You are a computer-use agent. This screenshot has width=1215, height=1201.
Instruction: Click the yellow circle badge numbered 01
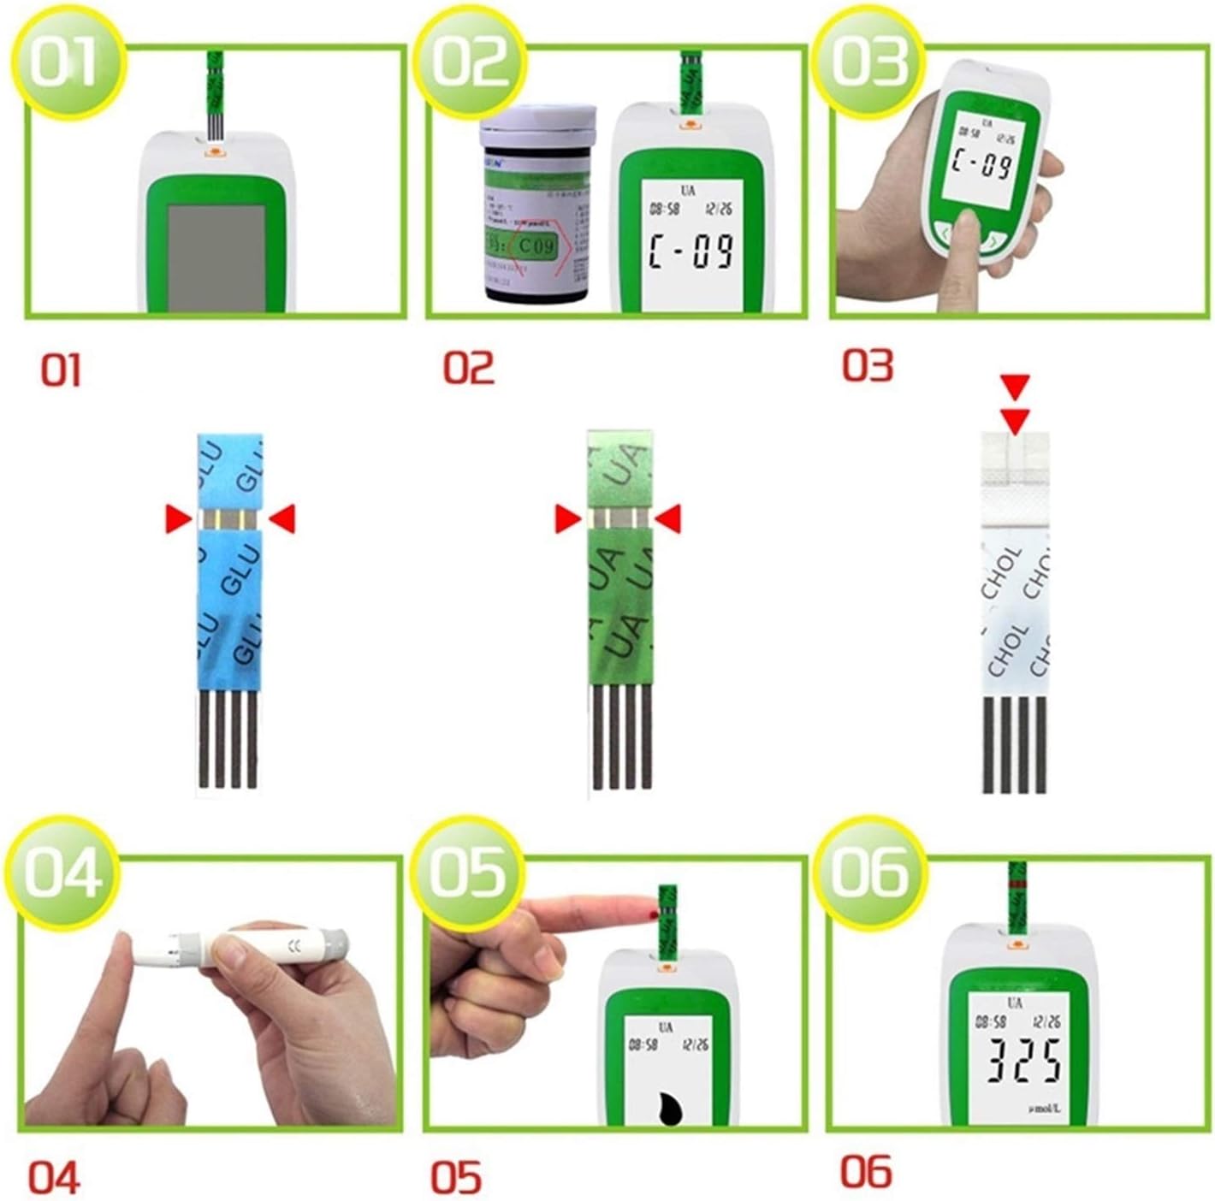click(x=65, y=62)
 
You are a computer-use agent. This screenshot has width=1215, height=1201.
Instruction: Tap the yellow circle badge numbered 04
click(x=62, y=873)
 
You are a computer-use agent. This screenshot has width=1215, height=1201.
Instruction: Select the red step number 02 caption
click(x=468, y=368)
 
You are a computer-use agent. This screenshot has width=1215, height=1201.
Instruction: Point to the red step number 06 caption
click(x=866, y=1171)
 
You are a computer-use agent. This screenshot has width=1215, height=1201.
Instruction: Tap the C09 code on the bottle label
click(x=534, y=247)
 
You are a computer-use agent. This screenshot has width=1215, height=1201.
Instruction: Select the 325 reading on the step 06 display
click(x=1023, y=1062)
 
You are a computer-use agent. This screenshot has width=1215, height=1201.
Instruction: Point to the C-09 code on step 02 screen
click(x=691, y=251)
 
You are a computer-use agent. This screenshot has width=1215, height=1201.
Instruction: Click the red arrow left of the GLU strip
click(x=178, y=518)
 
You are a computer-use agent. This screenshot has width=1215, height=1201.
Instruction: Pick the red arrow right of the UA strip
click(x=667, y=518)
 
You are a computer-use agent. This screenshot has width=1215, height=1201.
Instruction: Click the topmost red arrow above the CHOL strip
click(x=1016, y=387)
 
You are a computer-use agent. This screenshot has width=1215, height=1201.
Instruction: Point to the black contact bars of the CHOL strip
click(x=1015, y=744)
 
